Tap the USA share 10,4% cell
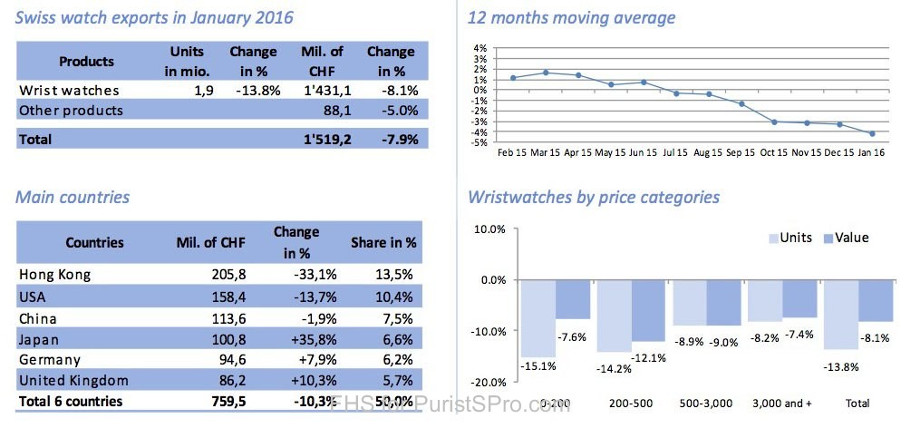coord(396,295)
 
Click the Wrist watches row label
coord(69,90)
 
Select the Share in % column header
coord(383,243)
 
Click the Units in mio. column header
coord(188,61)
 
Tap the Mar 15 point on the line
coord(547,73)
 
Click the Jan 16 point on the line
coord(871,133)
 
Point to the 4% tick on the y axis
coord(480,47)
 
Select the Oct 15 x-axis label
coord(773,152)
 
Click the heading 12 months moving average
coord(571,17)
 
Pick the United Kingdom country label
coord(73,380)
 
